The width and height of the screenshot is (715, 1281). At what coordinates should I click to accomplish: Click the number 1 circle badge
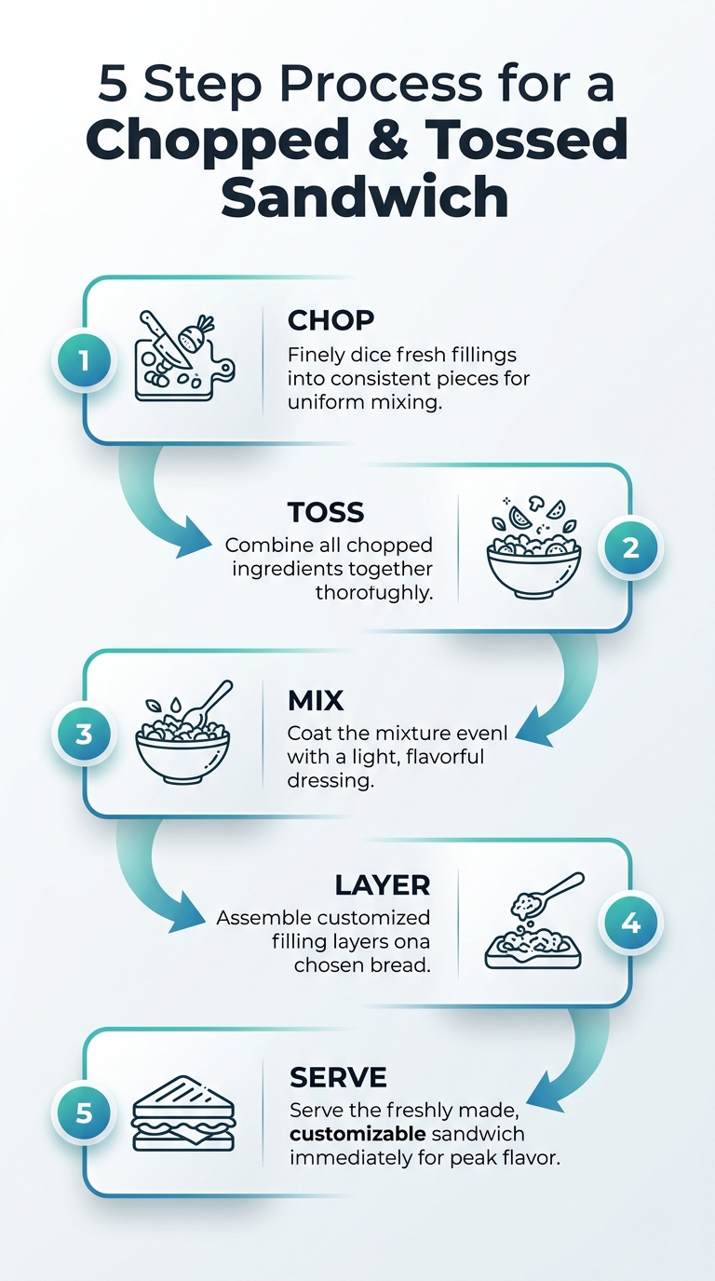point(85,360)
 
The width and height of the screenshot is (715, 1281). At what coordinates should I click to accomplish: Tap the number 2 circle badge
point(630,547)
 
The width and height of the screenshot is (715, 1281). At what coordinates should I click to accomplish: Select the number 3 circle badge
point(85,734)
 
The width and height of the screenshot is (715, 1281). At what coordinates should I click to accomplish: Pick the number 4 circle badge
point(630,924)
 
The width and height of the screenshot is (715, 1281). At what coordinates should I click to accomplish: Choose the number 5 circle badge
point(85,1112)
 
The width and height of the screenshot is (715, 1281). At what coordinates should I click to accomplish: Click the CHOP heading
point(331,320)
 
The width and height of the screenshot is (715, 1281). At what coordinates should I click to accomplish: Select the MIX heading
point(316,699)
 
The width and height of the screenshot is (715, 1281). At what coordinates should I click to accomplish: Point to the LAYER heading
point(383,884)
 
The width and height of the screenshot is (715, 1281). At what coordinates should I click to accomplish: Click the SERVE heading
point(338,1078)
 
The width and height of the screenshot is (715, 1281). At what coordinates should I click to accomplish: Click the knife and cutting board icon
point(182,357)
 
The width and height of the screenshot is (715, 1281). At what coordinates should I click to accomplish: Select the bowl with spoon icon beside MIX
point(184,735)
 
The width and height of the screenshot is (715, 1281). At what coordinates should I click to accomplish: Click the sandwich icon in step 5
point(184,1113)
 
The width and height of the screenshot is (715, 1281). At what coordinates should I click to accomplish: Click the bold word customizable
point(358,1135)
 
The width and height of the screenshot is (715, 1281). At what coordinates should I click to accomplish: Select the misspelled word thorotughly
point(374,592)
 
